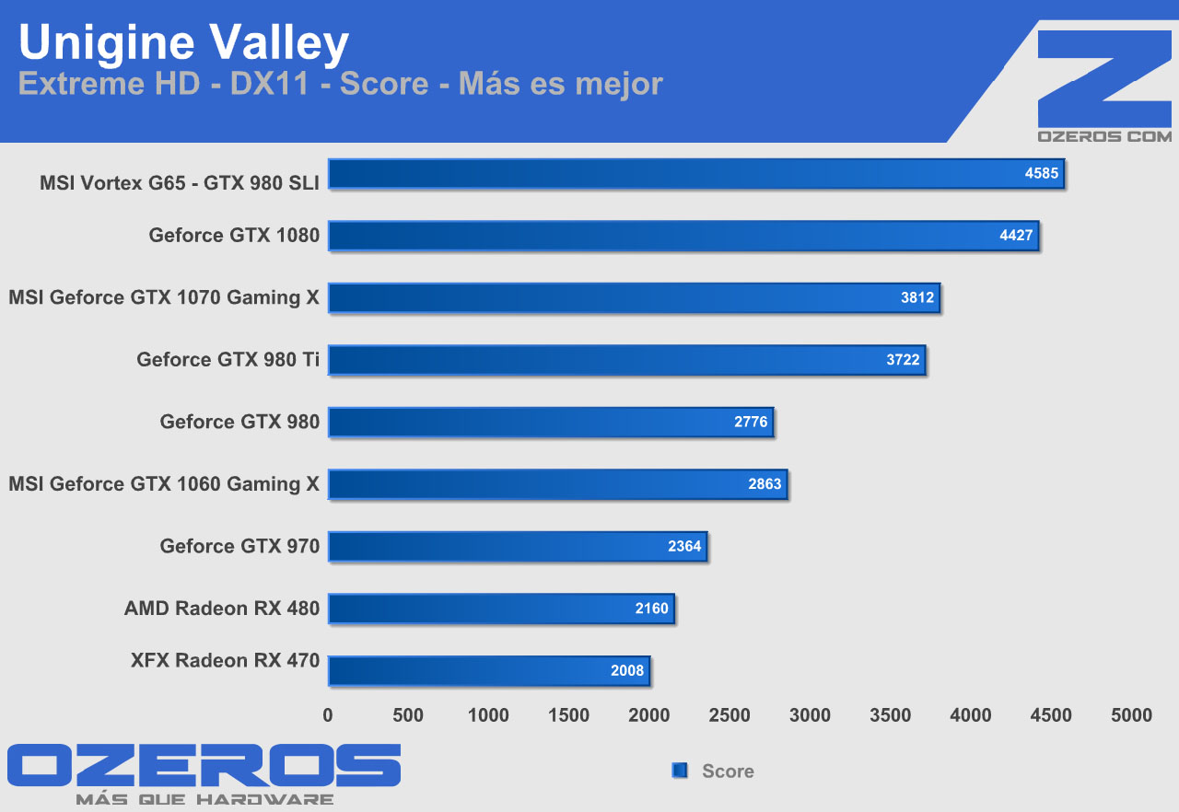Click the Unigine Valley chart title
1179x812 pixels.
click(x=184, y=43)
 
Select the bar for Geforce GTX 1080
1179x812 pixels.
click(x=683, y=236)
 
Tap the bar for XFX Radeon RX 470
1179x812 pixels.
click(x=488, y=670)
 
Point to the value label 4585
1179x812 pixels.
click(x=1042, y=173)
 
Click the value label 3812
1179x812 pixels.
click(x=917, y=297)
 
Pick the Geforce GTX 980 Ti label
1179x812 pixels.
click(x=228, y=360)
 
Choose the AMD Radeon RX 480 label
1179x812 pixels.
click(x=222, y=609)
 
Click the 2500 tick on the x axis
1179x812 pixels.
click(x=730, y=715)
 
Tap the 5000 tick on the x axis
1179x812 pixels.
click(x=1131, y=715)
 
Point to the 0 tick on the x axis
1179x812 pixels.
click(x=328, y=715)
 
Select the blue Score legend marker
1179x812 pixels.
click(x=680, y=771)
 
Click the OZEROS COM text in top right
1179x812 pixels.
click(x=1104, y=136)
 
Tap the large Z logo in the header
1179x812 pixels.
click(x=1103, y=79)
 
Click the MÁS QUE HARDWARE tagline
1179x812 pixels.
click(x=204, y=799)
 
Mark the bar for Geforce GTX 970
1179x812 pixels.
click(x=517, y=546)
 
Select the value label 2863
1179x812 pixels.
click(x=765, y=484)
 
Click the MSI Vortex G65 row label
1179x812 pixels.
click(x=180, y=183)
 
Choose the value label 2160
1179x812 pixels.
click(x=651, y=609)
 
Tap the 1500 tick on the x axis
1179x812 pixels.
click(x=568, y=715)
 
